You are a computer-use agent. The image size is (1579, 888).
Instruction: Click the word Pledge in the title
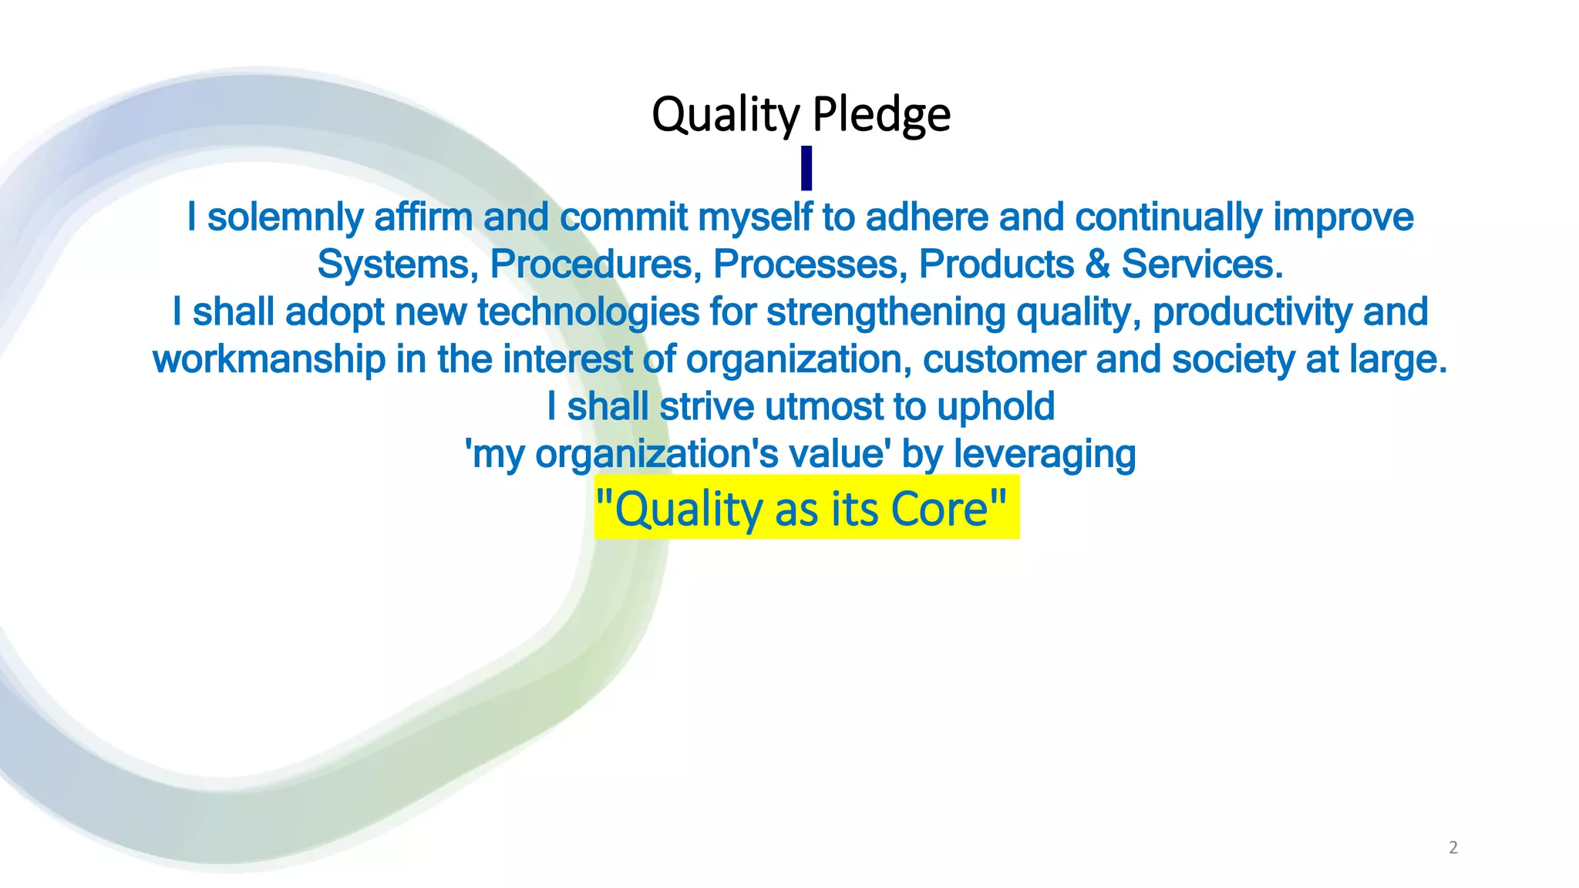coord(881,116)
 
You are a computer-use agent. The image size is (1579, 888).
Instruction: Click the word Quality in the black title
coord(726,116)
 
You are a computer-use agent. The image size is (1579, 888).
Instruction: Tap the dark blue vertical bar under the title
coord(806,168)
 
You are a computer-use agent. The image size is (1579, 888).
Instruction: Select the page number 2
coord(1453,847)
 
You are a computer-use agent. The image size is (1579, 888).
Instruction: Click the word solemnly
coord(284,217)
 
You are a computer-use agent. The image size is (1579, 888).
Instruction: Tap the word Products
coord(996,264)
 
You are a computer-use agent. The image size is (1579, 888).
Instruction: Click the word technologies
coord(587,312)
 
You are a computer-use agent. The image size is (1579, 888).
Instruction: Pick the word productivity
coord(1252,312)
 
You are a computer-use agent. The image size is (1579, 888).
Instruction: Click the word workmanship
coord(269,360)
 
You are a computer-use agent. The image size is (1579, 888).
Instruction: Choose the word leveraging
coord(1045,455)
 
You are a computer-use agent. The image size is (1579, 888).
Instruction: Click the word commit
coord(623,217)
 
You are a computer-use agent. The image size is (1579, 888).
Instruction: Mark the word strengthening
coord(886,312)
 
